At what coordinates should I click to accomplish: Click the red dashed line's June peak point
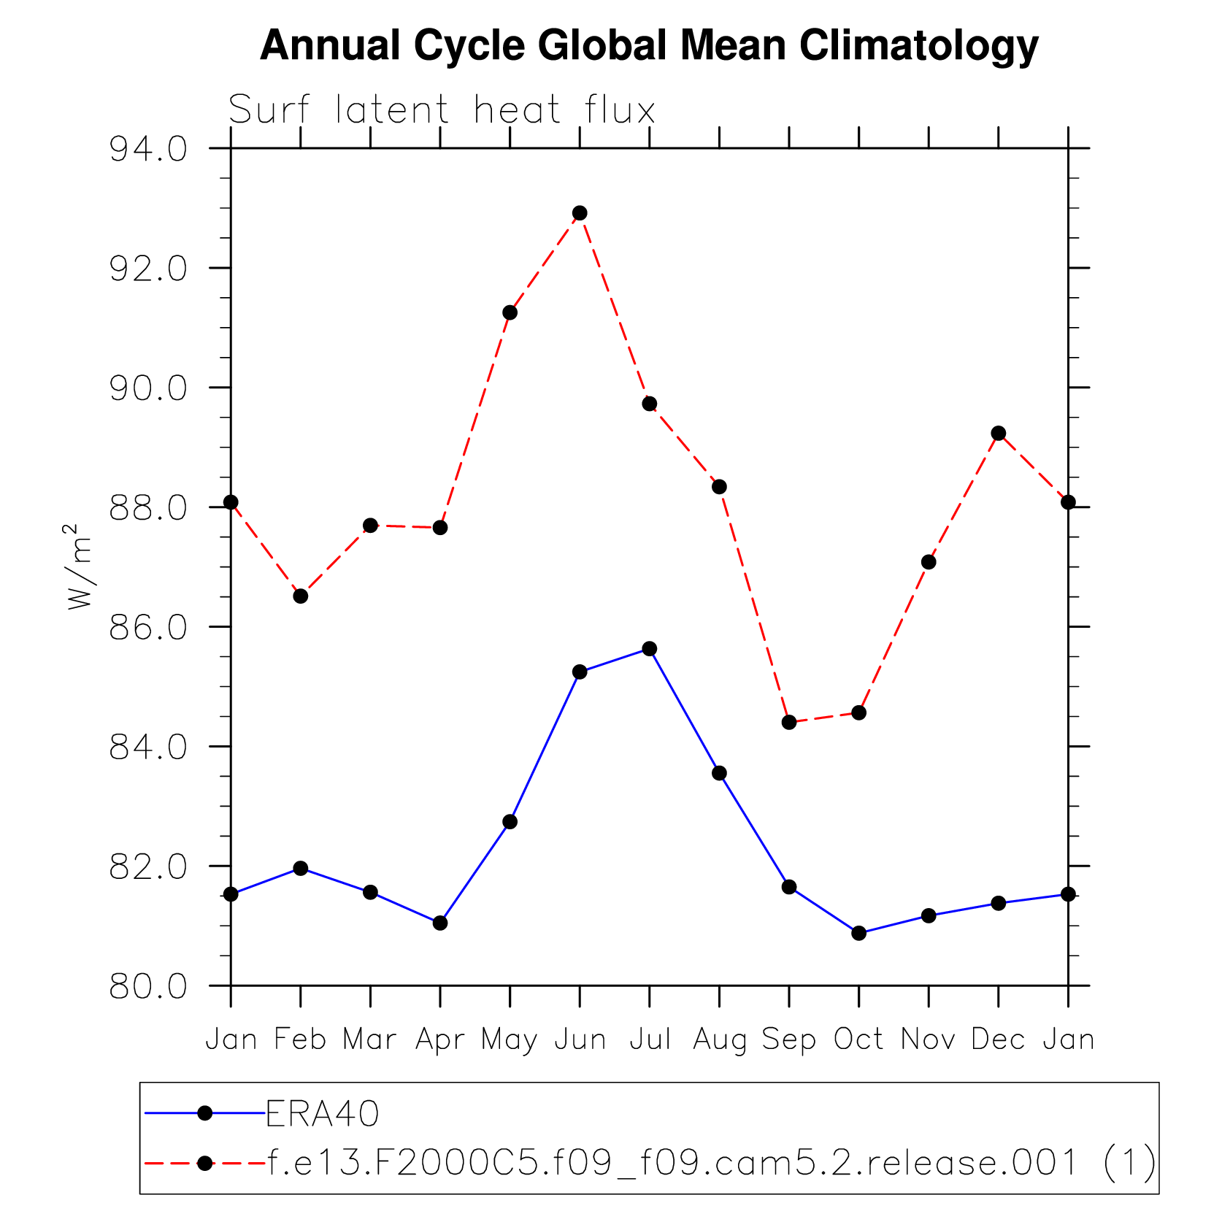580,213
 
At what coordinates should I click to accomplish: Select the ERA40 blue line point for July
650,649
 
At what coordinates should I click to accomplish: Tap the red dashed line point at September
789,723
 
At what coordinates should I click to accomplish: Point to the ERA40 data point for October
859,933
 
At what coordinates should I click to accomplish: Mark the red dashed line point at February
301,596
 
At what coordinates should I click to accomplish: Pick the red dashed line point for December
999,434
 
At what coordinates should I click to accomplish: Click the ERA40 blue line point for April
440,923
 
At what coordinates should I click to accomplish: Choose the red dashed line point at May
510,313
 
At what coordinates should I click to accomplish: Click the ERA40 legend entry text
323,1114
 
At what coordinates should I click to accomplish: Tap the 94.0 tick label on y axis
148,150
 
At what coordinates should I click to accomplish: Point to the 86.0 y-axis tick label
148,628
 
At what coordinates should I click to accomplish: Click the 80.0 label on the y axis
148,987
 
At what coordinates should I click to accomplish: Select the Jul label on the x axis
650,1039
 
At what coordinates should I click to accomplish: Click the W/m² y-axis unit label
79,567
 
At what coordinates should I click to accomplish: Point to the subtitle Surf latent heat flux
442,111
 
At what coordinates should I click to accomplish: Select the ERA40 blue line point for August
720,773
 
